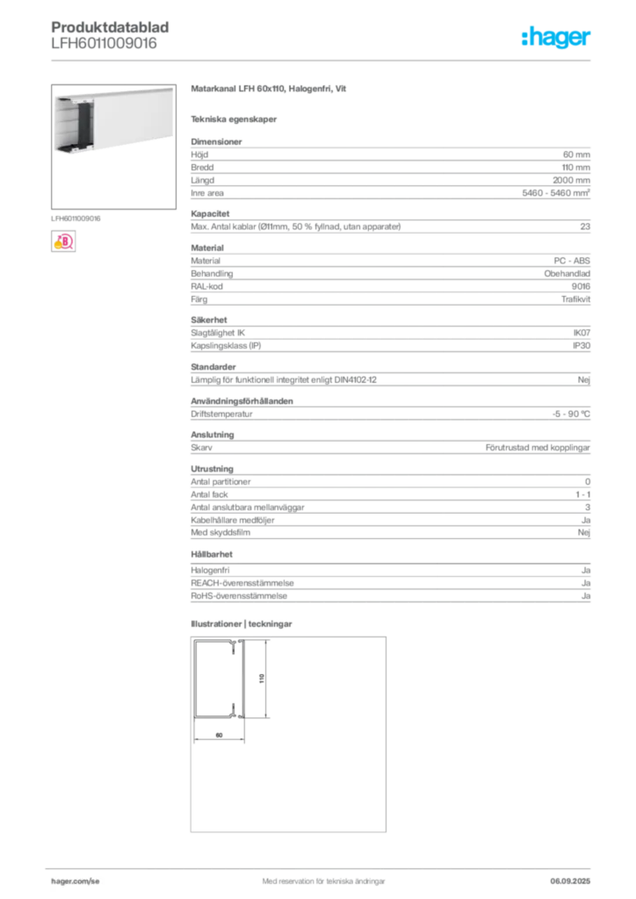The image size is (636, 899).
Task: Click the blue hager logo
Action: click(x=557, y=39)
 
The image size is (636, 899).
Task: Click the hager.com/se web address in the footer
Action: click(x=76, y=881)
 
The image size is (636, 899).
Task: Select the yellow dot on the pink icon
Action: click(x=56, y=248)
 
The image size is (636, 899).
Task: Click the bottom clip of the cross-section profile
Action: click(x=235, y=709)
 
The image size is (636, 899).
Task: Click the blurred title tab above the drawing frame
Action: click(x=242, y=625)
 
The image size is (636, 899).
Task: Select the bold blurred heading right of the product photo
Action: click(x=271, y=90)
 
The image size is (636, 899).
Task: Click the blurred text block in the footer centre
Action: click(x=322, y=875)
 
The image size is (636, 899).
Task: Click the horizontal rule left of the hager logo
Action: click(x=334, y=59)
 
